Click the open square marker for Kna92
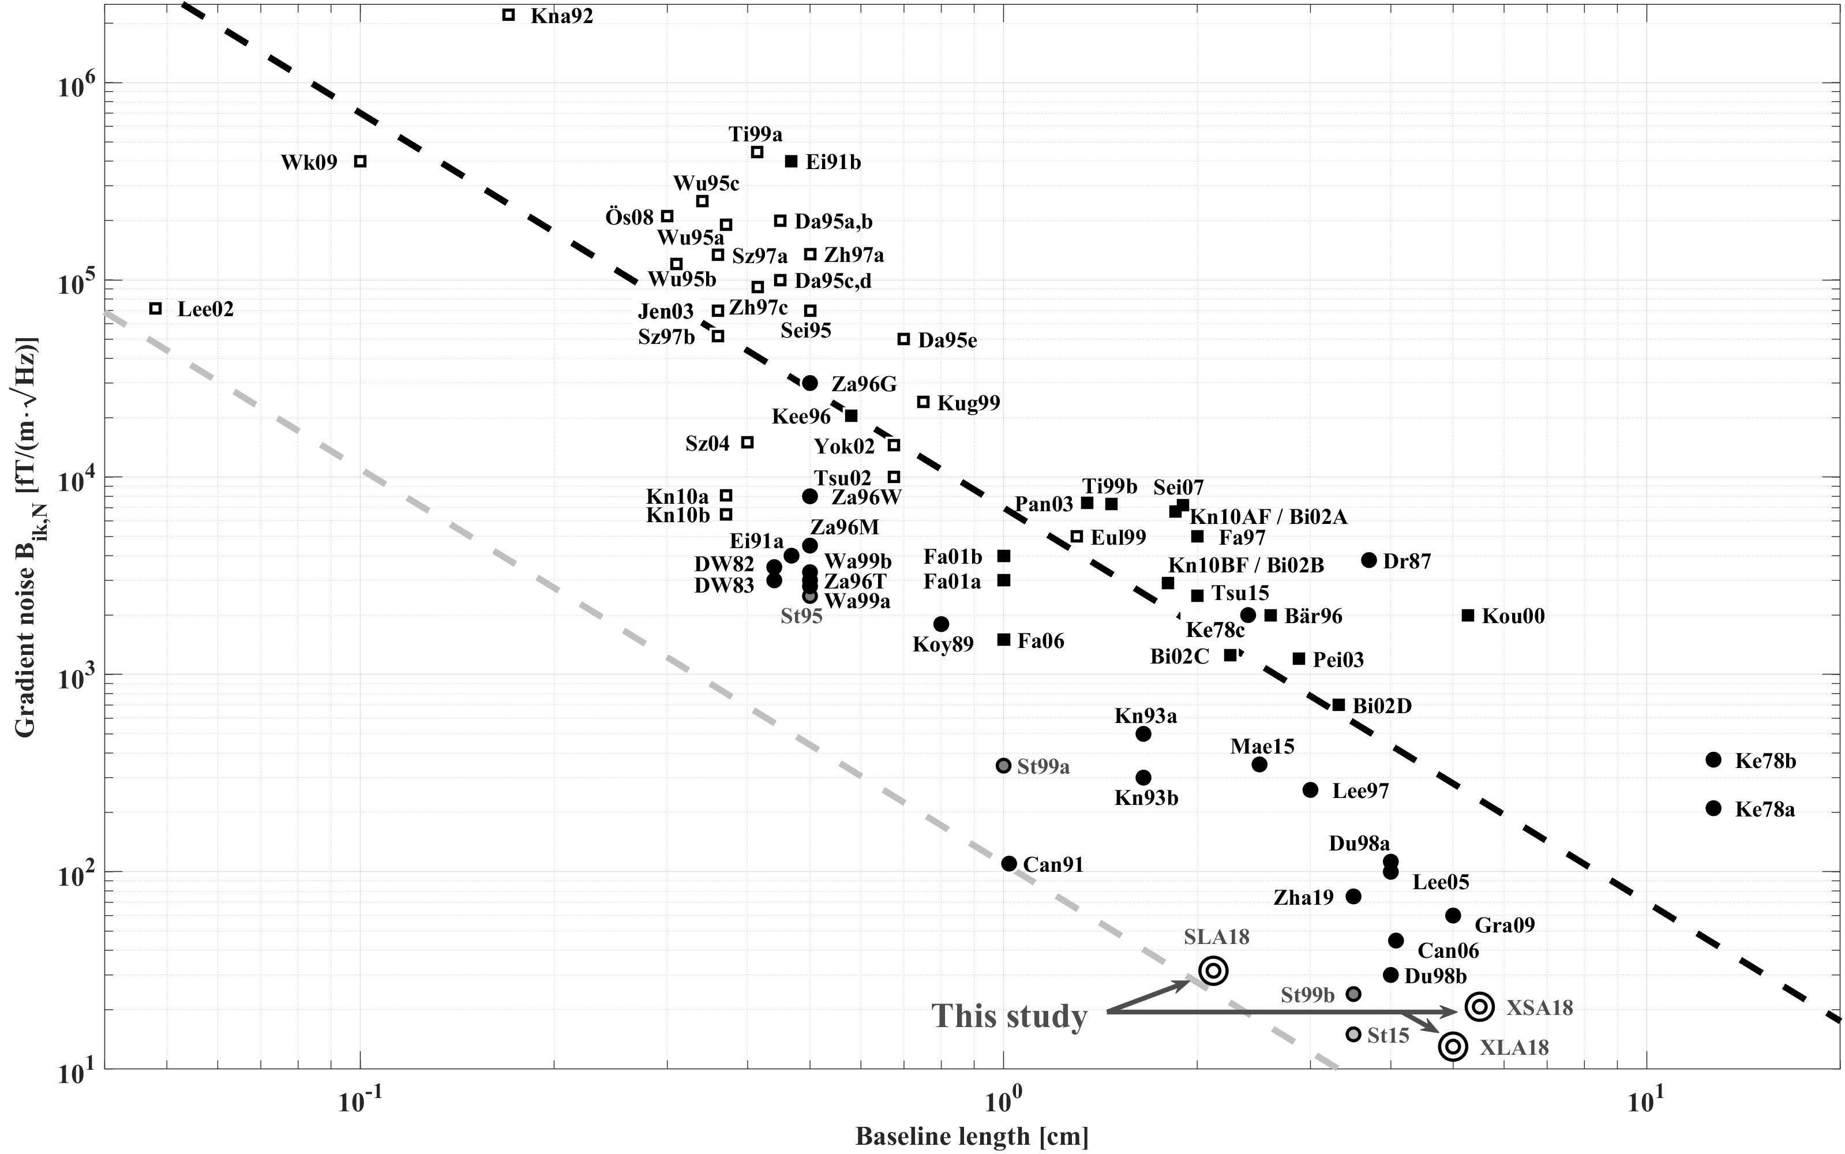point(509,14)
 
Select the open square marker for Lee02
point(156,308)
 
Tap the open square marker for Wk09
point(361,161)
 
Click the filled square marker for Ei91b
point(792,161)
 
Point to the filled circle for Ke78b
point(1713,759)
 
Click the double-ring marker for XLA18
point(1453,1046)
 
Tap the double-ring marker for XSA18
point(1479,1007)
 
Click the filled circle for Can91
point(1008,863)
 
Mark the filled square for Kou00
point(1467,615)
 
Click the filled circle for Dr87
point(1369,560)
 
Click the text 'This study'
point(1008,1017)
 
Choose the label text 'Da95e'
point(947,340)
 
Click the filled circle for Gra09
point(1453,915)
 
